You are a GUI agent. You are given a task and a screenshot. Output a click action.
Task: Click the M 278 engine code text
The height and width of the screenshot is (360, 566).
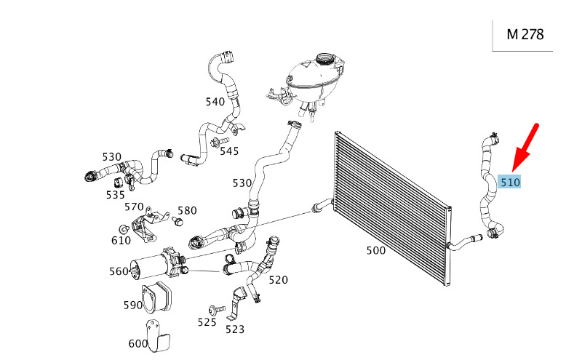coord(525,34)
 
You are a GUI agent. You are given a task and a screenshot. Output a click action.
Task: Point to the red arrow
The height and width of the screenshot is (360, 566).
coord(526,145)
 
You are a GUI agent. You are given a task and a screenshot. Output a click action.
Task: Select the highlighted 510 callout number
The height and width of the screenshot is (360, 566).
coord(510,182)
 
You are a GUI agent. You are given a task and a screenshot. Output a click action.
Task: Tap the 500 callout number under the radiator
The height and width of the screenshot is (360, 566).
coord(375,251)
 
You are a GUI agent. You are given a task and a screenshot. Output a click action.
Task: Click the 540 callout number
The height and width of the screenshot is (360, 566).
coord(215,102)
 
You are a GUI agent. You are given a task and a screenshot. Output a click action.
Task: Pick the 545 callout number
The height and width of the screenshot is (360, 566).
coord(229,151)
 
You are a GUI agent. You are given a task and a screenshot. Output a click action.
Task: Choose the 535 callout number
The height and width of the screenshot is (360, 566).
coord(115,195)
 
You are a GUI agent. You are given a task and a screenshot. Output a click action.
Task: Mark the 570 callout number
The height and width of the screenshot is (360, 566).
coord(134,207)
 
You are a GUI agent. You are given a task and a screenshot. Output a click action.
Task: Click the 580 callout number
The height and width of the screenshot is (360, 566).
coord(187,211)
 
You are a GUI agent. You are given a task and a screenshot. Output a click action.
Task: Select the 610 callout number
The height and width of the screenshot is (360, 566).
coord(121,240)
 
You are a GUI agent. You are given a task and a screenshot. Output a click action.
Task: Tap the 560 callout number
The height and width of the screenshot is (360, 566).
coord(119,271)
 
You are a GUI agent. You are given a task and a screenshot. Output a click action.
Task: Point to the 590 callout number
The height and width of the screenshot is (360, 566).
coord(132,305)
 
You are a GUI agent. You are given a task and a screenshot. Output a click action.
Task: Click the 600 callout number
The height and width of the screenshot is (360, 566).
coord(137,343)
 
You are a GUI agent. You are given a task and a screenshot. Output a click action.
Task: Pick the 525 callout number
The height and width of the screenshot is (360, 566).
coord(207,321)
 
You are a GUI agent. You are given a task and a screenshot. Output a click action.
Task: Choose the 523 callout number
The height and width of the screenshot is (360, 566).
coord(235,329)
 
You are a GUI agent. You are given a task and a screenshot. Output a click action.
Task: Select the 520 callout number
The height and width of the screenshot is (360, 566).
coord(278,279)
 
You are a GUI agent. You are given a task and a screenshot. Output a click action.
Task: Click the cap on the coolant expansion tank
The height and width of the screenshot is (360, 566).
coord(325,59)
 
